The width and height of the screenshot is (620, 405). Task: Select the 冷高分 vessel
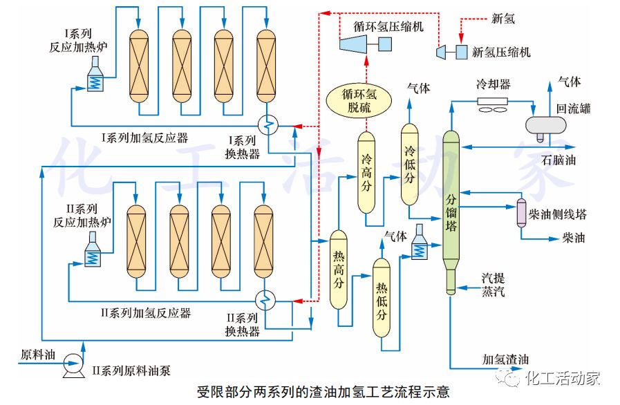point(366,172)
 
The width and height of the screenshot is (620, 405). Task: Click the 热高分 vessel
point(338,270)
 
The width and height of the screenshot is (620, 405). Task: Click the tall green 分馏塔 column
point(451,207)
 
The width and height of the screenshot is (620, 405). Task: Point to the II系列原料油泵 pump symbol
point(71,361)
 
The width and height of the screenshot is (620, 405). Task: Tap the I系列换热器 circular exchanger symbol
point(266,125)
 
